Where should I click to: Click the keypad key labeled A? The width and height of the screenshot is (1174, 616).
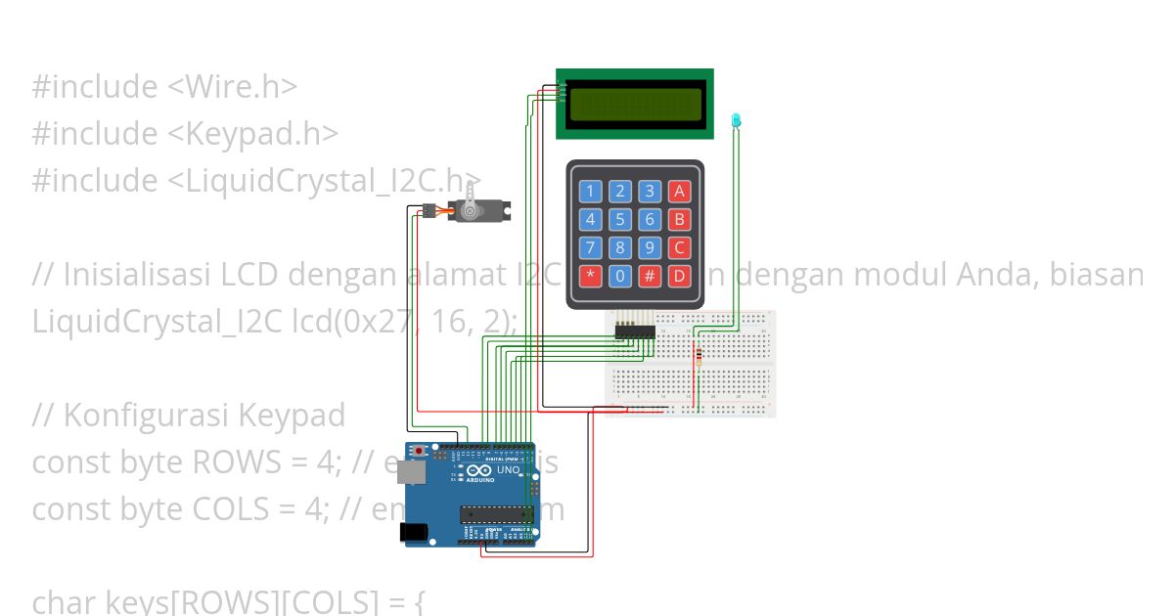click(x=679, y=191)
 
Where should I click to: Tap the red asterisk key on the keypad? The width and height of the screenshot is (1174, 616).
click(x=590, y=276)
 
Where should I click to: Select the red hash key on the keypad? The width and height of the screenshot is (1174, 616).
click(x=650, y=276)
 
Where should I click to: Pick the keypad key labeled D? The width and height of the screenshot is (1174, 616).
click(x=679, y=276)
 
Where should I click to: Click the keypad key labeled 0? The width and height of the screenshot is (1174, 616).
click(x=619, y=276)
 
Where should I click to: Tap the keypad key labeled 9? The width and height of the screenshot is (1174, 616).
click(x=650, y=247)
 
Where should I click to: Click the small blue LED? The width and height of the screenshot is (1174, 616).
click(x=737, y=121)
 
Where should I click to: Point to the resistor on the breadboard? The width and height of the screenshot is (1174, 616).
click(x=698, y=357)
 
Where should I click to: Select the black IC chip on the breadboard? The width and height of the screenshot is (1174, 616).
click(x=635, y=333)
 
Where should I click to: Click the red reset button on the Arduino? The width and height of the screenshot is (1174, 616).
click(x=421, y=451)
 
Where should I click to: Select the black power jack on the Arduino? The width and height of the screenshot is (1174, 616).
click(x=416, y=532)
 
